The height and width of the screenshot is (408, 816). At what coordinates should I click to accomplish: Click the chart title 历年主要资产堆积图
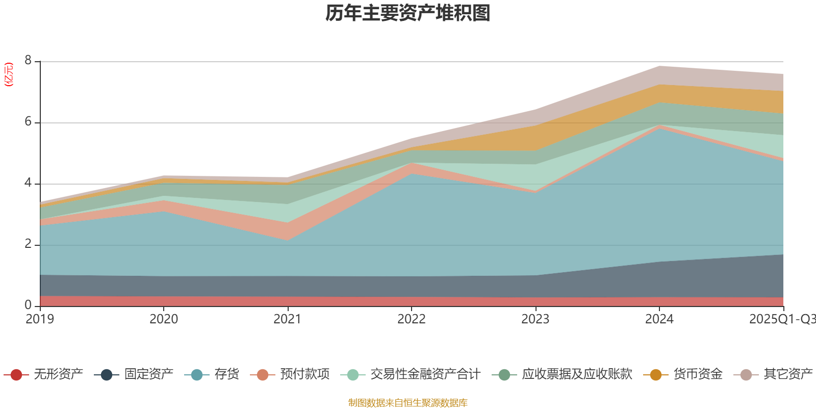(408, 14)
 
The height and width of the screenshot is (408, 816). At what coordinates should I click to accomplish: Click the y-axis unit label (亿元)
(9, 74)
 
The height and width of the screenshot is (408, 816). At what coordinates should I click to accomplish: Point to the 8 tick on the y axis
(28, 61)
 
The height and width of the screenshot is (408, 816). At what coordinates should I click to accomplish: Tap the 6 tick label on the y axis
(28, 122)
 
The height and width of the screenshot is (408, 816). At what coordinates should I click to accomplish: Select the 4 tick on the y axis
(28, 183)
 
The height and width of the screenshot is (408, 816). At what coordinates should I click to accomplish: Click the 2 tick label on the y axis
(28, 244)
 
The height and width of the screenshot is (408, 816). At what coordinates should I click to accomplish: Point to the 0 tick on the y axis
(28, 305)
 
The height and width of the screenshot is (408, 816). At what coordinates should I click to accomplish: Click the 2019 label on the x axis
(40, 319)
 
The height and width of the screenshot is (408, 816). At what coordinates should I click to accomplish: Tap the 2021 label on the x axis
(288, 319)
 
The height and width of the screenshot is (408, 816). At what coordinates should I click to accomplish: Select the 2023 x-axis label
(535, 319)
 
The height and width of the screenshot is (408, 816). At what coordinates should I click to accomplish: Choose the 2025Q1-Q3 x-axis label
(781, 319)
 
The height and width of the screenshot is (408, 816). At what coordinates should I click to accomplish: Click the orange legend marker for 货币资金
(656, 375)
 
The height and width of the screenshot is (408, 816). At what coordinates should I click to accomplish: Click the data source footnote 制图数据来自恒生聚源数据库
(408, 403)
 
